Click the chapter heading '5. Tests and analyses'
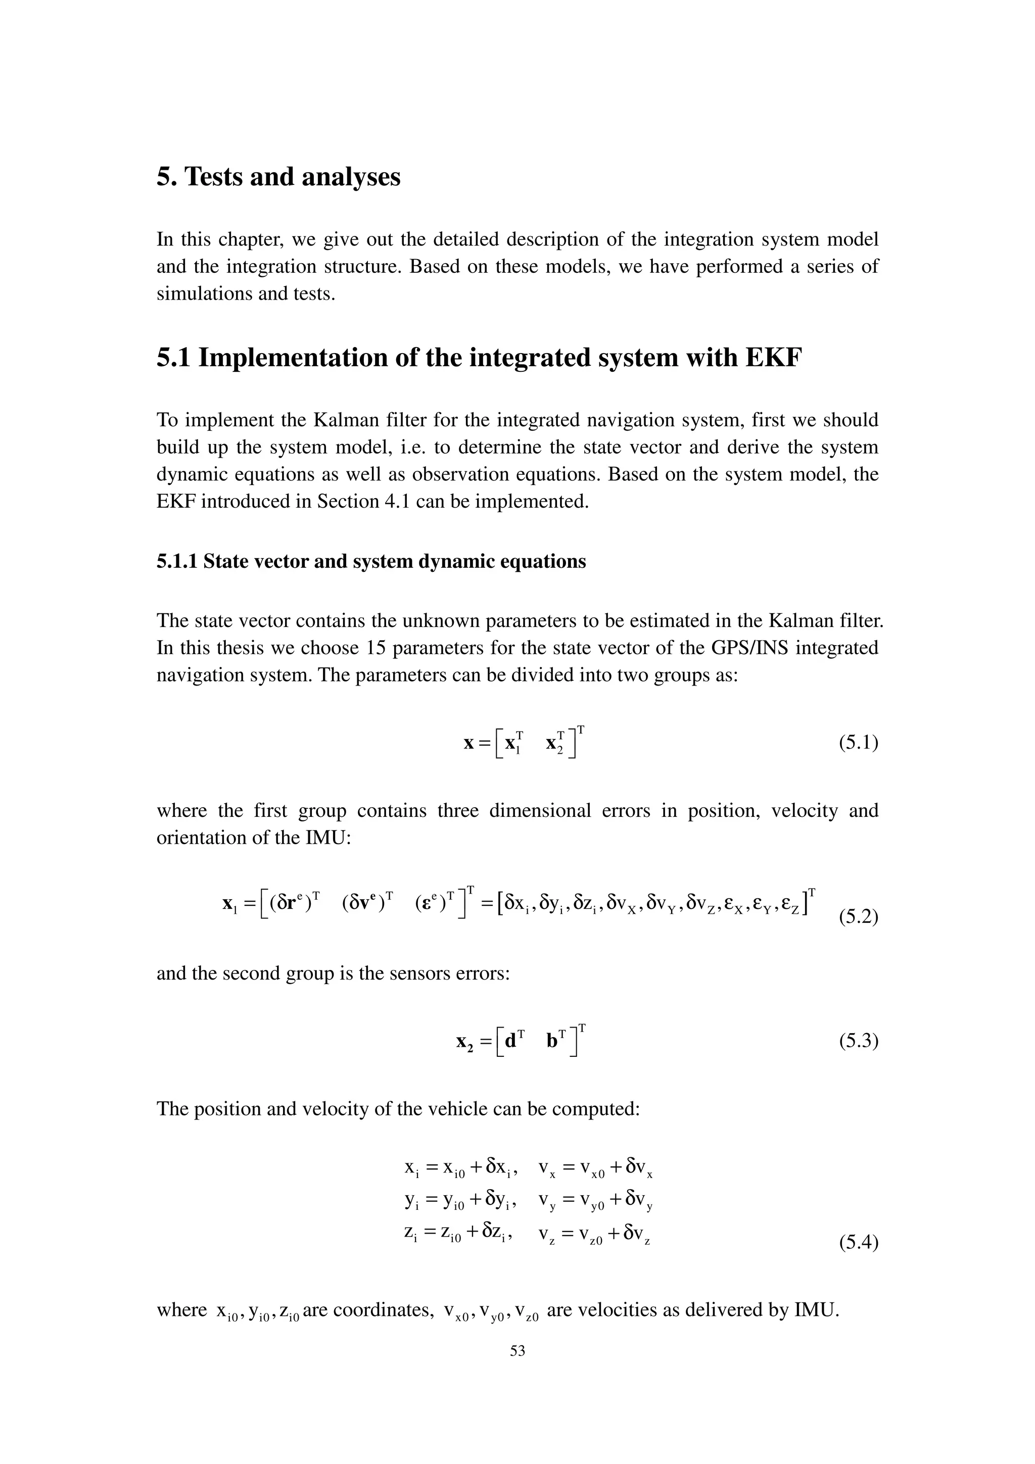point(278,177)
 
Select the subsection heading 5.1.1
point(370,561)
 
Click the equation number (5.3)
point(858,1041)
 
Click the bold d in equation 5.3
point(510,1041)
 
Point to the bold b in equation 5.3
point(552,1041)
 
